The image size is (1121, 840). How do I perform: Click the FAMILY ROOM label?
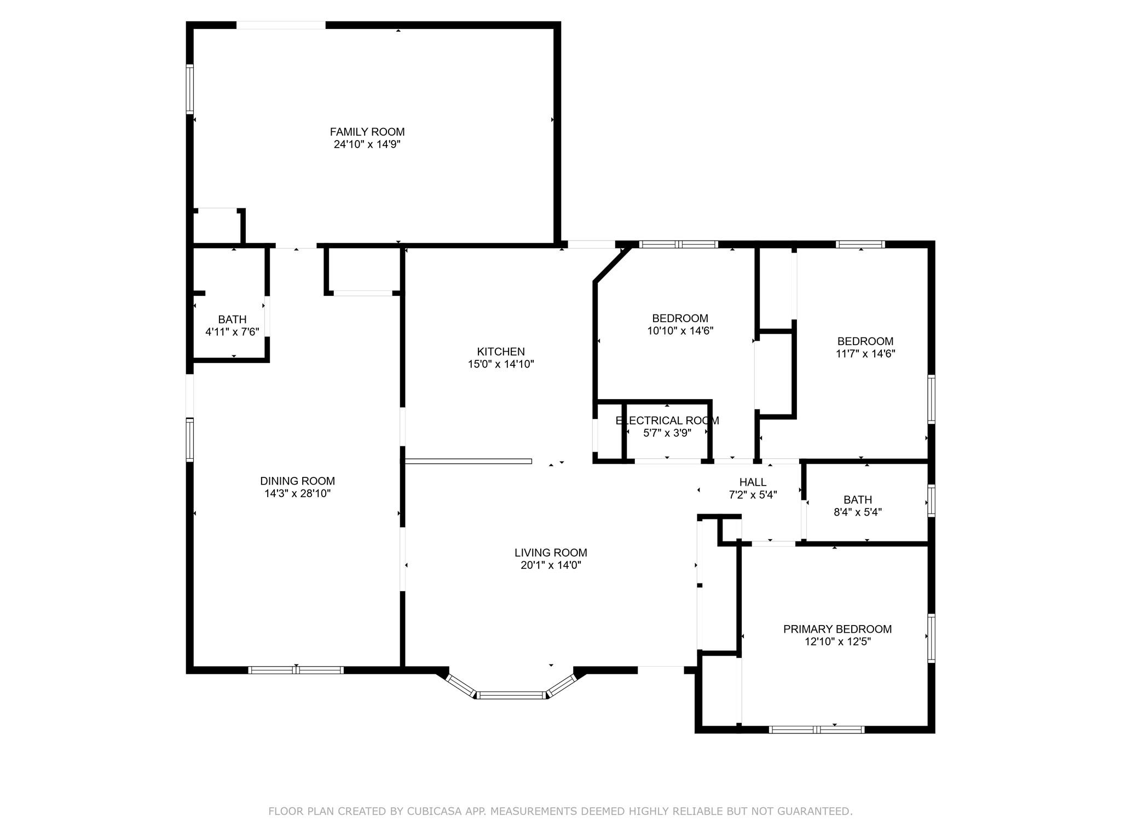click(x=367, y=132)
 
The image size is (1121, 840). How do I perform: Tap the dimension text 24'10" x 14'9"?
click(x=367, y=144)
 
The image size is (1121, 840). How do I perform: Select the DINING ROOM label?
click(x=297, y=481)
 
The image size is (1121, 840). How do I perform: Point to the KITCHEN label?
click(x=501, y=352)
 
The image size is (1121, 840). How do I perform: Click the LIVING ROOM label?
click(x=551, y=553)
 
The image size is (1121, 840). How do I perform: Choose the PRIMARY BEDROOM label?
click(x=837, y=629)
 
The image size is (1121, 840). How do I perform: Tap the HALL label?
click(x=753, y=482)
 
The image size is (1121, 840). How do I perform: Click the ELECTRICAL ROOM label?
click(x=667, y=421)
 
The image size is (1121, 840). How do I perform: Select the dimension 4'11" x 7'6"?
click(x=232, y=331)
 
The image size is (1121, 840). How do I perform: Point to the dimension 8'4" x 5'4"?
click(x=858, y=512)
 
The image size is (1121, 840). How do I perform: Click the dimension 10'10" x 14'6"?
click(x=680, y=331)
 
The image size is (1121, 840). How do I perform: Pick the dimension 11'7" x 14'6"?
click(x=865, y=354)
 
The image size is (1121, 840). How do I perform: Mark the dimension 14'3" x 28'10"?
click(x=297, y=494)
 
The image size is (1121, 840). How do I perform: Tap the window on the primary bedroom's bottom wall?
click(x=817, y=729)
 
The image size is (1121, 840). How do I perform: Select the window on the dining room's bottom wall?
click(x=296, y=670)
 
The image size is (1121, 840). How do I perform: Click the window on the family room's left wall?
click(x=190, y=89)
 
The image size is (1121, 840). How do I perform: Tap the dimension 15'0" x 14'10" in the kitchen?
click(x=501, y=364)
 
